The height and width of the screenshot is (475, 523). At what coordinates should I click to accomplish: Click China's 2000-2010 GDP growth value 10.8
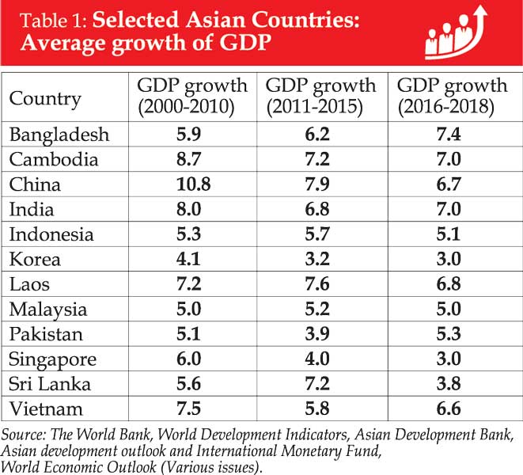[192, 184]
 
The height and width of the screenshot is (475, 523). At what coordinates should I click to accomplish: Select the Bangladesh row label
[59, 134]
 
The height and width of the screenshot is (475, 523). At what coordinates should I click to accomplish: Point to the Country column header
[45, 99]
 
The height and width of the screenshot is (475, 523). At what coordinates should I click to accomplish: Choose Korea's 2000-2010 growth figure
[192, 260]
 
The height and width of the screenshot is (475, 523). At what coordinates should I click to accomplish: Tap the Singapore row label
[52, 359]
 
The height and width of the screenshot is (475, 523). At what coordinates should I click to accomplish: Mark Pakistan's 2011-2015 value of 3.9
[320, 334]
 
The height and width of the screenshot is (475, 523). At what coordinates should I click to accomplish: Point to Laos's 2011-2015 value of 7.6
[320, 284]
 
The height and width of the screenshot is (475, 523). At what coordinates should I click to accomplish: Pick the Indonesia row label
[51, 234]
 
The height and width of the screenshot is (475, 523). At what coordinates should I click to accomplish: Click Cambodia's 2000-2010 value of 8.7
[192, 159]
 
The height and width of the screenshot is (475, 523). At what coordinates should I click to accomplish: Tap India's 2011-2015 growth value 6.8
[320, 209]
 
